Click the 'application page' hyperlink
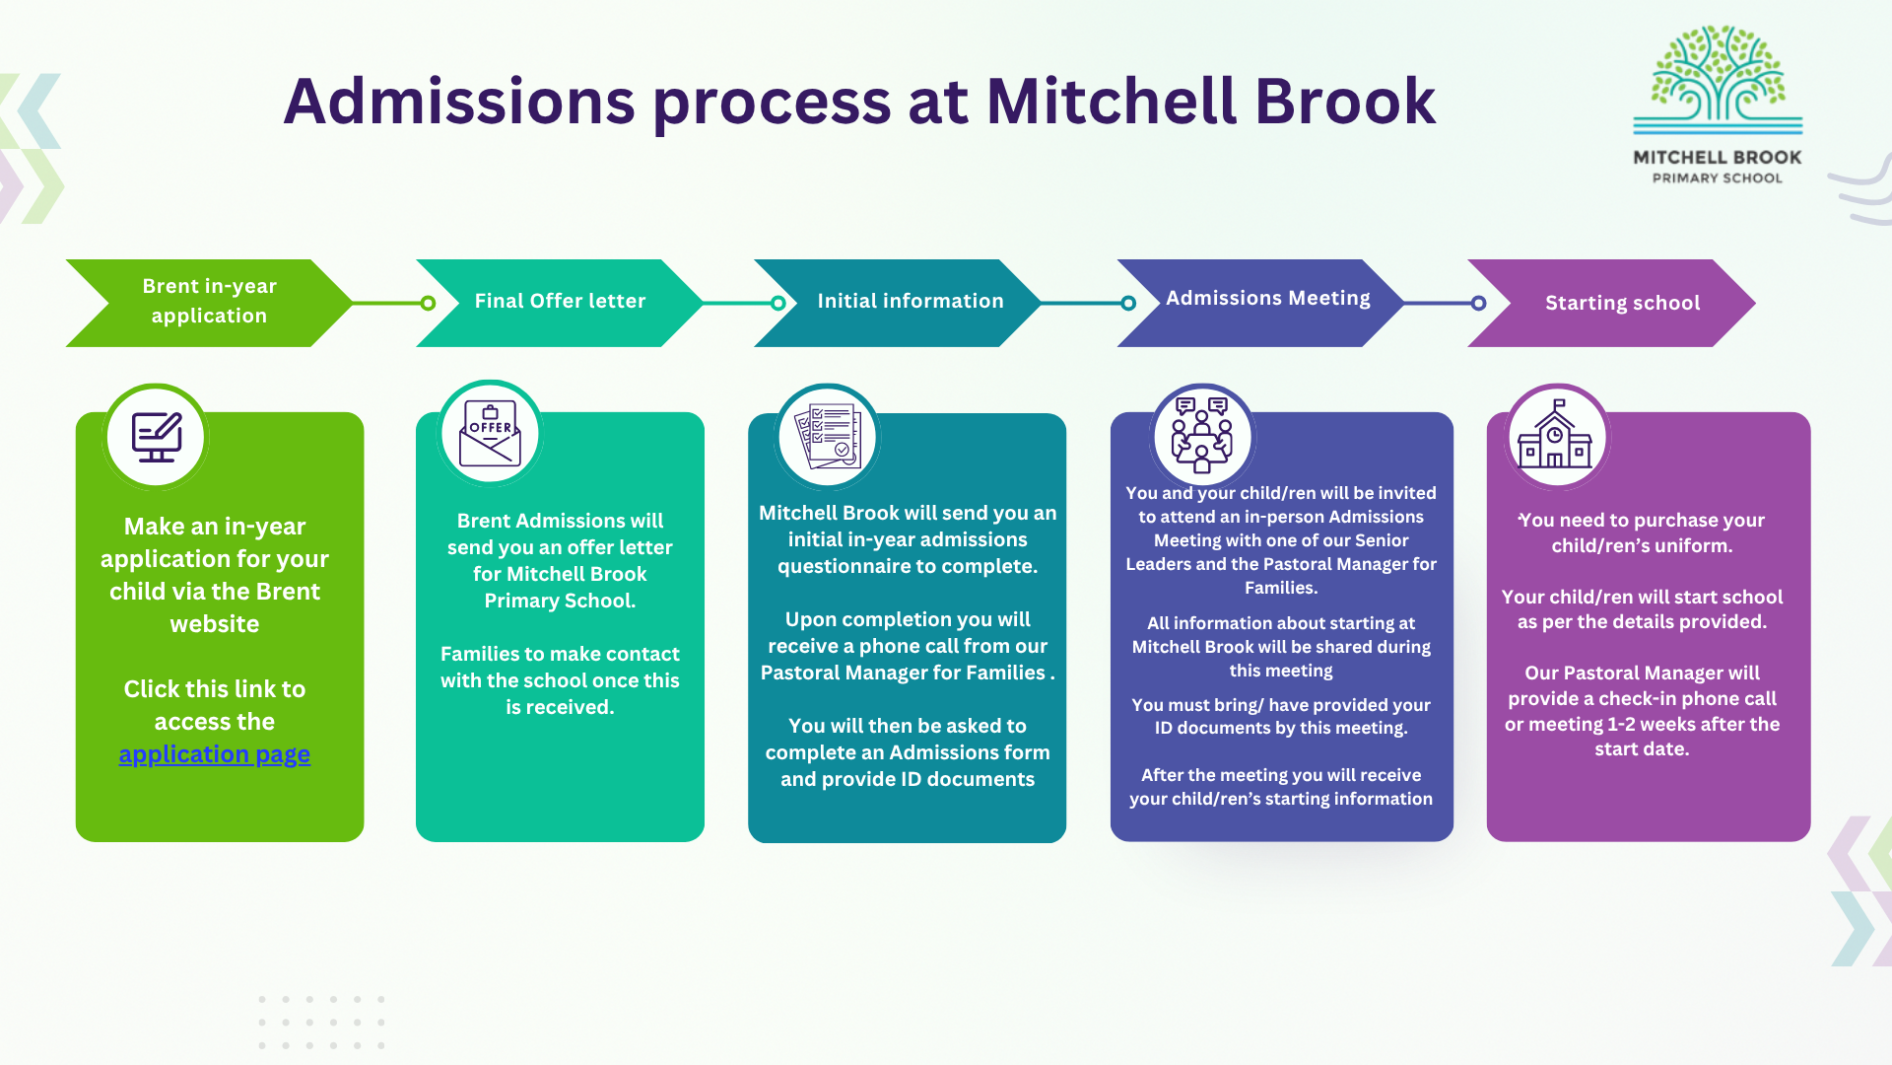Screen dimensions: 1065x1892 pyautogui.click(x=214, y=754)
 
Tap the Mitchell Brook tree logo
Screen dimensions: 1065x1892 pyautogui.click(x=1718, y=79)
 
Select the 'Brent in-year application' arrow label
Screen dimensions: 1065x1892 pyautogui.click(x=209, y=301)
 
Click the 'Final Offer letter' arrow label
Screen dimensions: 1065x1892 pyautogui.click(x=560, y=301)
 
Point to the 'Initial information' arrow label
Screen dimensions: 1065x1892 pyautogui.click(x=910, y=301)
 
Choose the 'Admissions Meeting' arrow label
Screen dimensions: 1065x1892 pyautogui.click(x=1267, y=298)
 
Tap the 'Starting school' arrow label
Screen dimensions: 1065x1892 pyautogui.click(x=1622, y=303)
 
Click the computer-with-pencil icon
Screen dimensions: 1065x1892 pyautogui.click(x=157, y=437)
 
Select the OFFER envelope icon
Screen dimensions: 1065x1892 pyautogui.click(x=490, y=434)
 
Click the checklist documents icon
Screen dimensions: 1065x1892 pyautogui.click(x=829, y=436)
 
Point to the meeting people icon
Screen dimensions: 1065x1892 pyautogui.click(x=1201, y=436)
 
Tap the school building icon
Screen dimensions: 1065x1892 pyautogui.click(x=1556, y=436)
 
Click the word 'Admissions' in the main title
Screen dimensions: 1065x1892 pyautogui.click(x=459, y=102)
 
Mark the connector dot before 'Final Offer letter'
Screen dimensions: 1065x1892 pyautogui.click(x=428, y=303)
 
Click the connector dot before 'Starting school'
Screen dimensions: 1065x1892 pyautogui.click(x=1478, y=303)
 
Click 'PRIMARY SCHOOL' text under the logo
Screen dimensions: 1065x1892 pyautogui.click(x=1717, y=178)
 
